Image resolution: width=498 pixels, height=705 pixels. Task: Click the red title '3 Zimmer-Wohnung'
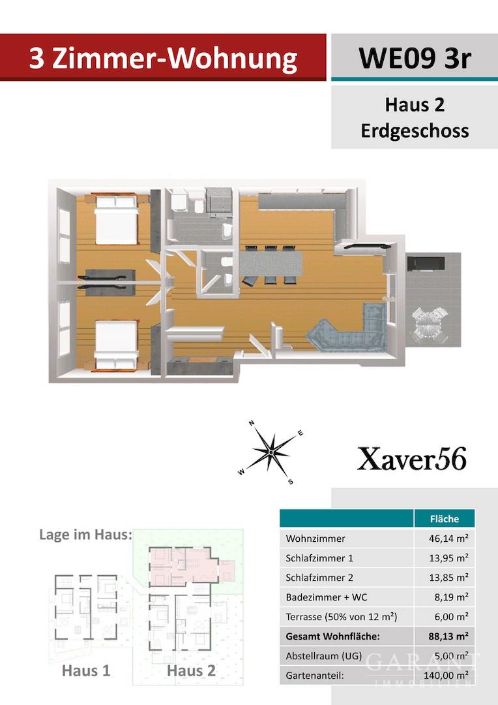pos(163,59)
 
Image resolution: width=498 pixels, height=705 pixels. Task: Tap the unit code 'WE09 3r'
pos(415,58)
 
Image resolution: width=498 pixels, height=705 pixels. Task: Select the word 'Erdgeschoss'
pos(415,131)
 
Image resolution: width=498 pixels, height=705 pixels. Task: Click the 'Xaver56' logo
pos(412,459)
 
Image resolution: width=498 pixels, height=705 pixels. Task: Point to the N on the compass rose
pos(252,422)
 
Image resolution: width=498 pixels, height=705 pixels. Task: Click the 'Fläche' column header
pos(444,519)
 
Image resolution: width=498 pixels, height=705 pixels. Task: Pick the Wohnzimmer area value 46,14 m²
pos(448,538)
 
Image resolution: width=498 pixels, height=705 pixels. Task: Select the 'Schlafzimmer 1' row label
pos(319,558)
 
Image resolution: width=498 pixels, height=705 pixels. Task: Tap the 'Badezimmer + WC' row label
pos(326,597)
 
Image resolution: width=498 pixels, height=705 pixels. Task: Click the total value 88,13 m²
pos(448,636)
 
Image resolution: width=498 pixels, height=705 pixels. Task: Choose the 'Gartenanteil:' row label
pos(315,676)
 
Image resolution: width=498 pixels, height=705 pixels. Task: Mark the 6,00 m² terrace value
pos(451,617)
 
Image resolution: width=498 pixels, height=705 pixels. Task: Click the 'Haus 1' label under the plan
pos(86,670)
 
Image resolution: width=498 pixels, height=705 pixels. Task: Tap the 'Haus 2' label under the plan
pos(191,670)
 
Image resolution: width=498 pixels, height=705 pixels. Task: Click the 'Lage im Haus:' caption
pos(86,535)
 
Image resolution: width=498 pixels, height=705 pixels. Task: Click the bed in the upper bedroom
pos(116,219)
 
